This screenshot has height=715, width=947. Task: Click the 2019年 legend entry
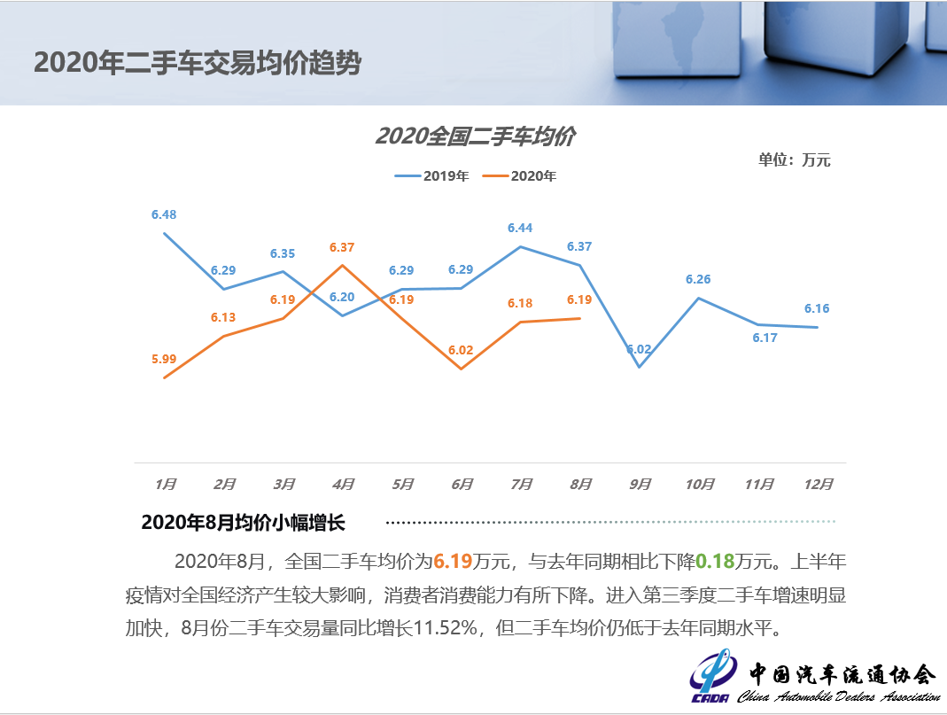(431, 176)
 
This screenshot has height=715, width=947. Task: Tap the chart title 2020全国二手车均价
(475, 136)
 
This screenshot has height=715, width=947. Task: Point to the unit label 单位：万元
(794, 160)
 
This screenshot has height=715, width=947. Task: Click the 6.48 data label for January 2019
(164, 214)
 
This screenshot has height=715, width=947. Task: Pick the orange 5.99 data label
(164, 359)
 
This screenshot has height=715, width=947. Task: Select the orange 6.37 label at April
(342, 247)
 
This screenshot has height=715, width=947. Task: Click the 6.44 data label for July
(520, 228)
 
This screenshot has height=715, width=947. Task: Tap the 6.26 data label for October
(698, 279)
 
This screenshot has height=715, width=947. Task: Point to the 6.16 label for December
(817, 308)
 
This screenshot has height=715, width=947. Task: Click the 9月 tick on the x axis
(640, 484)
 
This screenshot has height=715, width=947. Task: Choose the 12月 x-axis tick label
(818, 484)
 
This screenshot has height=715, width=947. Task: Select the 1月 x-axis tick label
(165, 484)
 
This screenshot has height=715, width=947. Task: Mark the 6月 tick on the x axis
(462, 484)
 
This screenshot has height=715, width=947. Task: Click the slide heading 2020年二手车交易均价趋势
(198, 62)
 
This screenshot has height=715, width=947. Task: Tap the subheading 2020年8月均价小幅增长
(242, 523)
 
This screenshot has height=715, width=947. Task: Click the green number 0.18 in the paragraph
(715, 561)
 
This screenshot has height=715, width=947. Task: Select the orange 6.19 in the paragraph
(452, 561)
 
